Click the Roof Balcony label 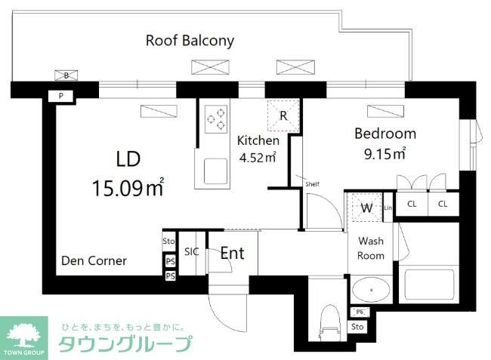[x=190, y=41]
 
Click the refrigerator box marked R [x=283, y=115]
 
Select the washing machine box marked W [x=366, y=208]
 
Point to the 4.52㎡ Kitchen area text [x=257, y=158]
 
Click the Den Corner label [x=94, y=261]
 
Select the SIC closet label [x=192, y=252]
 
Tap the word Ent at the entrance [x=232, y=254]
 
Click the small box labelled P [x=60, y=96]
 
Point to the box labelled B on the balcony [x=66, y=75]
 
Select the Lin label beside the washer [x=388, y=208]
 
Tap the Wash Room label [x=371, y=248]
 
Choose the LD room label [x=128, y=158]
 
